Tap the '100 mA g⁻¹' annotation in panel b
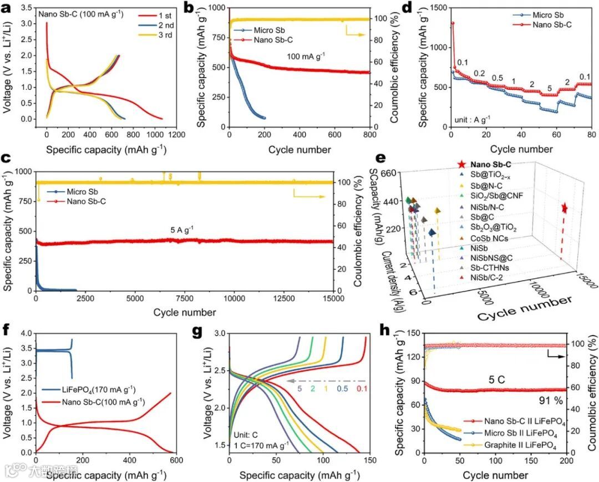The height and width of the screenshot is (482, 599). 306,57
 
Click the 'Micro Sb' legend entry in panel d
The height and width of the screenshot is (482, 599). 541,14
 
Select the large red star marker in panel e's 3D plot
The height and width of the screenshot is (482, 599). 564,208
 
